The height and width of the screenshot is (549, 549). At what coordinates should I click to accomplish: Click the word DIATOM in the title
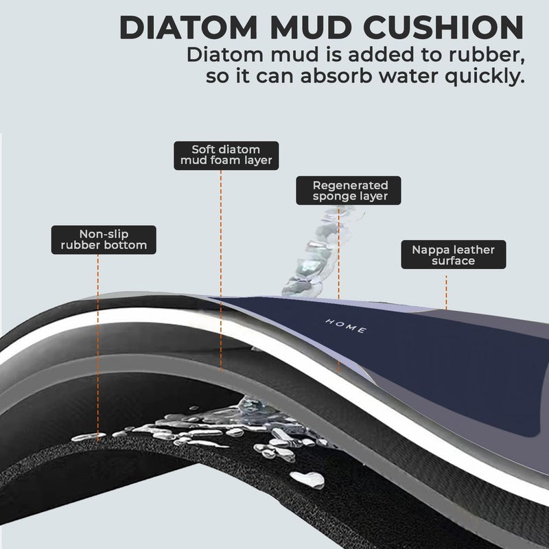(x=188, y=27)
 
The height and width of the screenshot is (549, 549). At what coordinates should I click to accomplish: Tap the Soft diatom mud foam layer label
(x=226, y=156)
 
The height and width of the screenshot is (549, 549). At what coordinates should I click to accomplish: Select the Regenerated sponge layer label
(x=349, y=191)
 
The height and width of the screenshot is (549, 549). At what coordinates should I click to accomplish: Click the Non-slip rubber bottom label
(x=104, y=240)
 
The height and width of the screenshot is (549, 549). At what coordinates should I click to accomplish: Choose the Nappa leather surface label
(x=454, y=255)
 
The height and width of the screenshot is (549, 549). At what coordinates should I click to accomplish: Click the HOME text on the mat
(x=346, y=326)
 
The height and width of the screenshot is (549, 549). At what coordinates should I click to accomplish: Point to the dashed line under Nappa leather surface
(x=446, y=292)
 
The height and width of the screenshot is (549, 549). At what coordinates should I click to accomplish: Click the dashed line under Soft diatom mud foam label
(x=220, y=270)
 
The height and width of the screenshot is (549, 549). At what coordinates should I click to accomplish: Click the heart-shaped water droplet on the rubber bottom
(x=308, y=479)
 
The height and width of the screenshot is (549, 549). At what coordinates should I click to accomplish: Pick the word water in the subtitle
(x=406, y=76)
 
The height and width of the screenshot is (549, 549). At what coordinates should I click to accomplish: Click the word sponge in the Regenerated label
(x=330, y=197)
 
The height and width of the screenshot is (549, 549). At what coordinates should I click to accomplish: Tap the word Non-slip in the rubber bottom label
(x=104, y=234)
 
